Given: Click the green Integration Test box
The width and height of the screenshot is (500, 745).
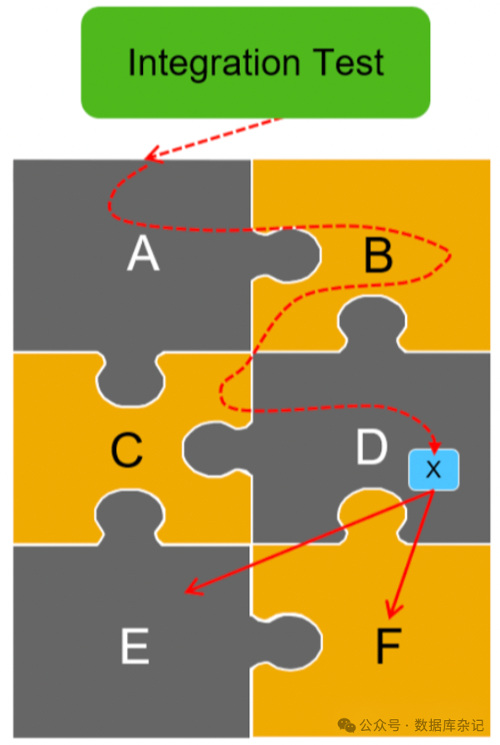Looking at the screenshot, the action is pyautogui.click(x=255, y=62).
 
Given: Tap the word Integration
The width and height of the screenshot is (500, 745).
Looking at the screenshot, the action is pyautogui.click(x=213, y=63).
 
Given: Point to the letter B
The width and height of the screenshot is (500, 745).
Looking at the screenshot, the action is pyautogui.click(x=378, y=256).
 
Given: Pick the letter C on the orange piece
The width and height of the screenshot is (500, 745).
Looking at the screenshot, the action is pyautogui.click(x=127, y=451).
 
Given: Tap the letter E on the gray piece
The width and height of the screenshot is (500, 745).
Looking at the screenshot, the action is pyautogui.click(x=135, y=646).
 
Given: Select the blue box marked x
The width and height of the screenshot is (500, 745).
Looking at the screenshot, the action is pyautogui.click(x=433, y=470).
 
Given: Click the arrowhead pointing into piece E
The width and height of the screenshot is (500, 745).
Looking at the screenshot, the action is pyautogui.click(x=190, y=591).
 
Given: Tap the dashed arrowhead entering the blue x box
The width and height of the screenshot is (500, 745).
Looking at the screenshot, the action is pyautogui.click(x=434, y=446).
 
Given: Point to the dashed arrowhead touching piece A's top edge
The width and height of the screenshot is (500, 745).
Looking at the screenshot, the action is pyautogui.click(x=151, y=155).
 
